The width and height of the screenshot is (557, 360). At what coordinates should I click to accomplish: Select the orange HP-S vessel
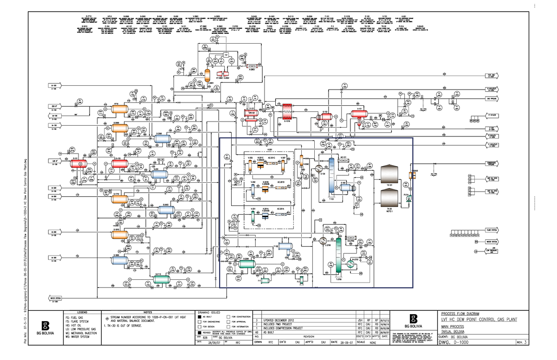(120, 109)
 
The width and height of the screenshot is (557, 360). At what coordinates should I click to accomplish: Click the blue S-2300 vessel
(165, 137)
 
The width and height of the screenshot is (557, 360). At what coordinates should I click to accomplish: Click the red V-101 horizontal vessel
(359, 113)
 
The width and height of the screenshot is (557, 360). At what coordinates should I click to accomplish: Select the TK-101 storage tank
(390, 174)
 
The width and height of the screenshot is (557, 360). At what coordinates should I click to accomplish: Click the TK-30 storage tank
(390, 197)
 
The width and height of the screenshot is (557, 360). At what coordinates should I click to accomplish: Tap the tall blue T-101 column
(331, 176)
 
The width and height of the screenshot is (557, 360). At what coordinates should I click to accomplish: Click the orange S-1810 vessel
(120, 235)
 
